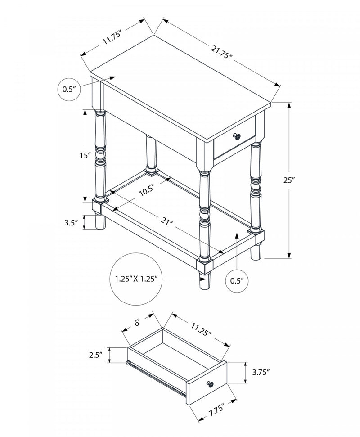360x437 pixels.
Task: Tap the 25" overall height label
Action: point(277,180)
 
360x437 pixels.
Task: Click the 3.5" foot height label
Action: point(71,222)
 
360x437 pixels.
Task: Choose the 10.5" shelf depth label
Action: point(147,190)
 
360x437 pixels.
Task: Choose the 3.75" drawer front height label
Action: point(261,372)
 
